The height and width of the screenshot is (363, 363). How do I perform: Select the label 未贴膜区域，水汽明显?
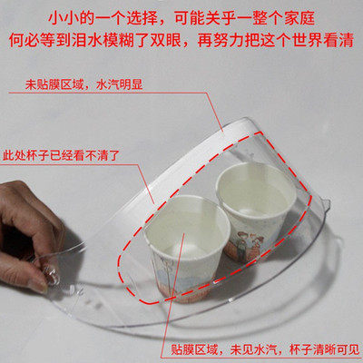[83, 84]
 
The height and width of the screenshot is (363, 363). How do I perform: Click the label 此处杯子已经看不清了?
[60, 156]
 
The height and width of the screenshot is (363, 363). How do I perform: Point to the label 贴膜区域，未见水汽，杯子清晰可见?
[263, 350]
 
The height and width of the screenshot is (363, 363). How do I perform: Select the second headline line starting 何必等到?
[181, 41]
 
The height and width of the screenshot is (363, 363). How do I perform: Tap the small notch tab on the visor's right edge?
[326, 206]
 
